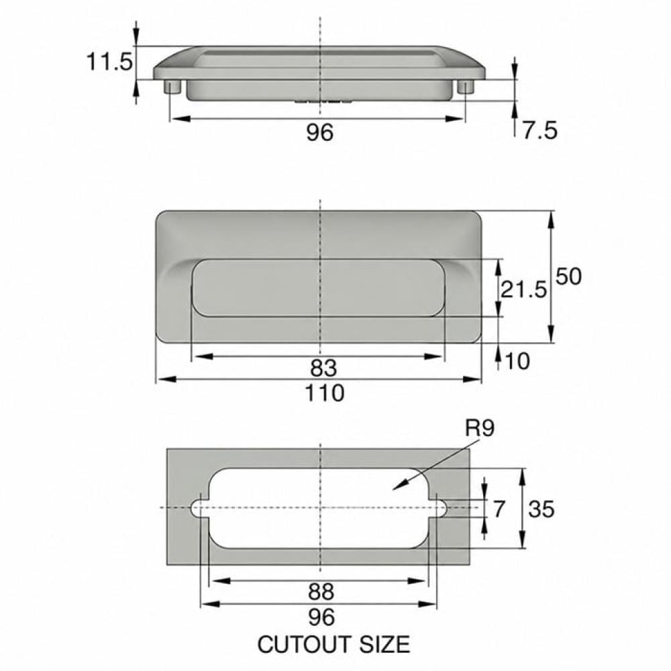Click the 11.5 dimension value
click(x=109, y=62)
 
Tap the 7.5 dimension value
click(x=539, y=130)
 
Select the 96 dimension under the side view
click(x=319, y=132)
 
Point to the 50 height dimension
click(x=569, y=276)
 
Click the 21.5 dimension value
click(x=523, y=289)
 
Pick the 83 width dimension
click(x=323, y=368)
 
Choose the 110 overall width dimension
click(x=324, y=393)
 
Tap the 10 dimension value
click(x=517, y=361)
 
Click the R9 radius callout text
click(x=480, y=428)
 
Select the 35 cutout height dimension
click(x=541, y=509)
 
